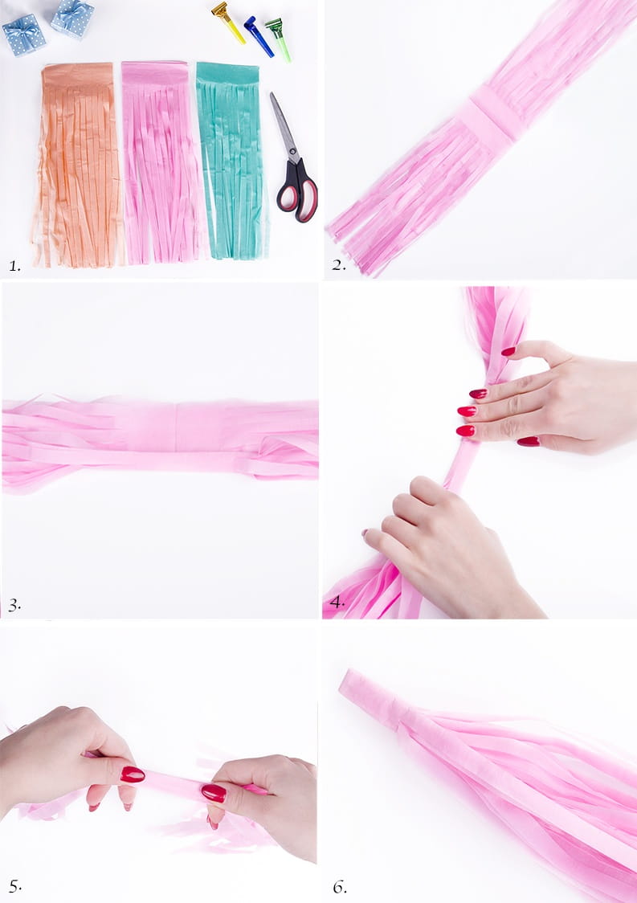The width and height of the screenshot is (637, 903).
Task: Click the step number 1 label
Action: pos(14,266)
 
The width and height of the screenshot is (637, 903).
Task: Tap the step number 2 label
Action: pos(339,265)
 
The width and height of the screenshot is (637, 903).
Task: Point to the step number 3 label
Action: pos(14,605)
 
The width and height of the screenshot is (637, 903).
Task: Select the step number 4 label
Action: pos(337,603)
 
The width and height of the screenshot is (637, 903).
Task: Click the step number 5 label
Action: pos(15,886)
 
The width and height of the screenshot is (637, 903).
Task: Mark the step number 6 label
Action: pos(340,887)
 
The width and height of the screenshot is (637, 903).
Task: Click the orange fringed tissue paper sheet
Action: pos(77,165)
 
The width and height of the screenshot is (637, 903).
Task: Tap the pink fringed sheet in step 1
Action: pos(161,162)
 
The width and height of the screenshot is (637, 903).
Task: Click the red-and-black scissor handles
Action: pos(298,192)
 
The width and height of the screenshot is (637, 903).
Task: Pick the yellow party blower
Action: pos(228,22)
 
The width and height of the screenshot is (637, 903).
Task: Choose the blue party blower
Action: pos(259,36)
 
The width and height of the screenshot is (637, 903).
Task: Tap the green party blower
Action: pos(278,39)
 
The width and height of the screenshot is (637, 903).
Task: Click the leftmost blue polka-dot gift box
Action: pos(23,35)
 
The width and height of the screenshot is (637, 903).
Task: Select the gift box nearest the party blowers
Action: pos(72,18)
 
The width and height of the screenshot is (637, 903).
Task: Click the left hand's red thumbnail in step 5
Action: pos(133,774)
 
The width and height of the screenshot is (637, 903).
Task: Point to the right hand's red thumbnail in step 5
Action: pos(214,792)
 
